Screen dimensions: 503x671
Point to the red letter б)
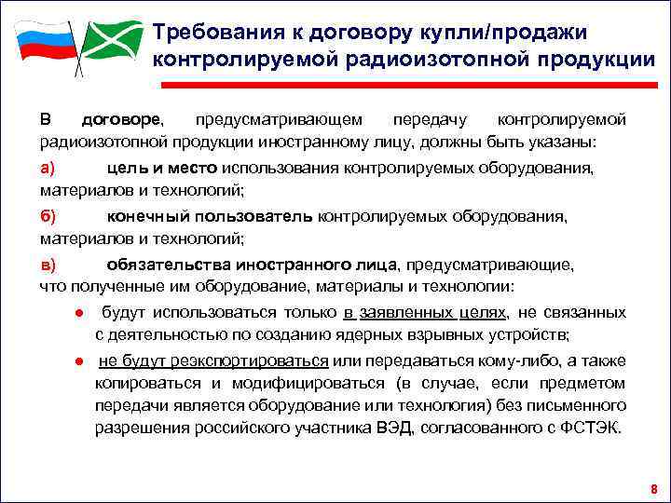tap(48, 215)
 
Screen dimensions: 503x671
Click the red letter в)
tap(48, 264)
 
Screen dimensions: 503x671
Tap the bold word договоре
tap(121, 120)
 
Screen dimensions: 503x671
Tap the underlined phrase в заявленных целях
tap(424, 311)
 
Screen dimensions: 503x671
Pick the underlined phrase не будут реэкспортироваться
tap(213, 360)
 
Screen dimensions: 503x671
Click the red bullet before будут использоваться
tap(81, 312)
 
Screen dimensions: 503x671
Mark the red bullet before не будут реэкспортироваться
tap(81, 361)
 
